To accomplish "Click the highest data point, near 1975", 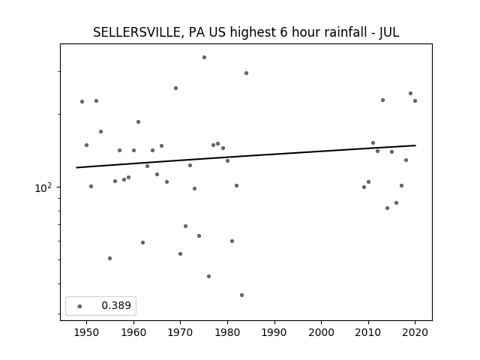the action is point(204,58).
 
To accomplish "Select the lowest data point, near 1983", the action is point(241,295).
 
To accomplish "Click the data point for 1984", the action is point(247,73).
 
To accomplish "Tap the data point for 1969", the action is point(176,88).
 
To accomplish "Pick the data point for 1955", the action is point(110,258).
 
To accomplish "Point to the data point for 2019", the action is point(410,93).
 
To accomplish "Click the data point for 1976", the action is point(208,277).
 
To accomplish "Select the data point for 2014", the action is point(387,208).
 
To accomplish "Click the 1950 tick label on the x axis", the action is point(87,332).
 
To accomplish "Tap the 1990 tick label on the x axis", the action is point(274,332).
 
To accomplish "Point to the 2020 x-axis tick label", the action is point(415,332).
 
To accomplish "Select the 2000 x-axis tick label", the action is point(322,332).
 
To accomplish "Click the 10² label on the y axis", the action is point(43,188).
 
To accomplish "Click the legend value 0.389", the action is point(116,305).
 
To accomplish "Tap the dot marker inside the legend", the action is point(80,307).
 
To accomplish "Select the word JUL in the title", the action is point(389,32).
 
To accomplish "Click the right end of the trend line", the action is point(415,145).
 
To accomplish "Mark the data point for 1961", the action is point(138,121).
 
